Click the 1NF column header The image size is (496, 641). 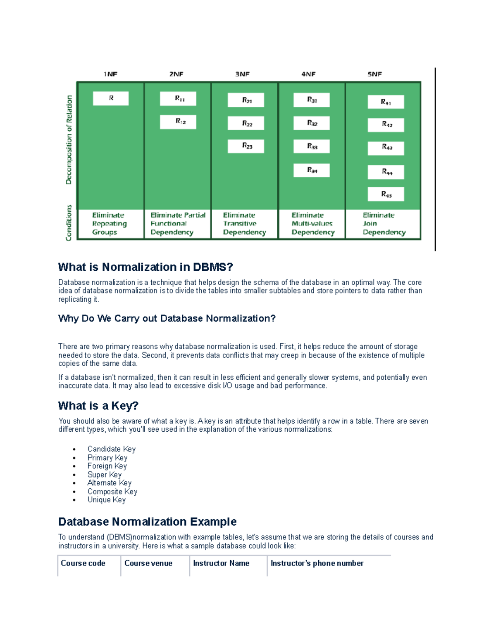coord(110,74)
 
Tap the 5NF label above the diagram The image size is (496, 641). coord(374,74)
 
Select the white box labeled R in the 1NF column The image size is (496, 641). coord(111,98)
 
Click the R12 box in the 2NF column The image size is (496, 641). coord(178,122)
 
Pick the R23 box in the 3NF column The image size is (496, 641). coord(246,146)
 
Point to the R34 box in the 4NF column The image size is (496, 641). coord(312,170)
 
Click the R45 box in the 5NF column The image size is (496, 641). coord(386,194)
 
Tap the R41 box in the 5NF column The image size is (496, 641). coord(386,102)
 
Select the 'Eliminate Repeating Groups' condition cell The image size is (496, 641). coord(110,224)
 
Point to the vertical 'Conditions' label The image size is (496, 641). coord(69,223)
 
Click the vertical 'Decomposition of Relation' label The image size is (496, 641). coord(69,140)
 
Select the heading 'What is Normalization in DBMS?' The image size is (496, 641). coord(145,267)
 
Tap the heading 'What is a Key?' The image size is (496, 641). coord(98,406)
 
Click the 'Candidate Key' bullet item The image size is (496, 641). coord(111,449)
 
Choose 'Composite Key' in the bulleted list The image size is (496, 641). coord(112,492)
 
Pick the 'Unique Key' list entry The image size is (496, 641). coord(106,500)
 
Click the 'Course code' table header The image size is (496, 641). coord(83,563)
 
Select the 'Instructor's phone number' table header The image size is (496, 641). coord(317,563)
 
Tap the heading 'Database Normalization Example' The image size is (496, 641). coord(147,522)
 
